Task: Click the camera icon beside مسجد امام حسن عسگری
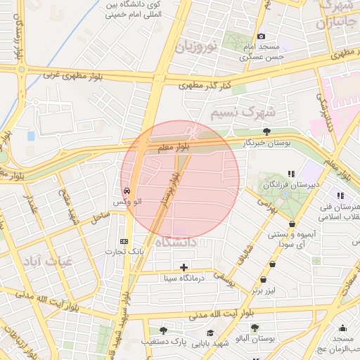[x=261, y=37]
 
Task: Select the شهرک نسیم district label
[x=244, y=111]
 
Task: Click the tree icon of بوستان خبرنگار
[x=266, y=131]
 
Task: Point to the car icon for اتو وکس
[x=126, y=191]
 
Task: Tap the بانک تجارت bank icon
[x=124, y=240]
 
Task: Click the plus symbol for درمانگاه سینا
[x=184, y=267]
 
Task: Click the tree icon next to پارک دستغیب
[x=163, y=330]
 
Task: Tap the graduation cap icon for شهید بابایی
[x=210, y=332]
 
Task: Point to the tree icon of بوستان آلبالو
[x=255, y=328]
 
